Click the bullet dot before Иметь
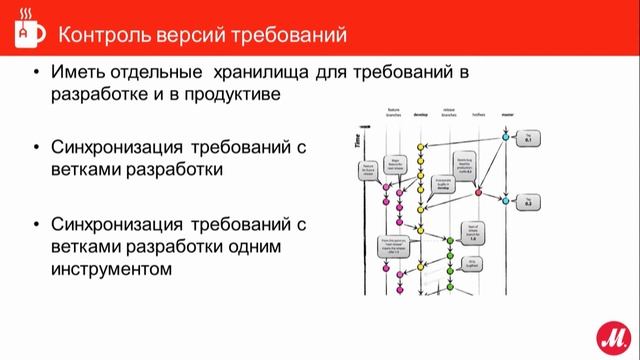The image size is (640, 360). (x=37, y=75)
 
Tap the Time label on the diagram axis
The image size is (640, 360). (x=358, y=142)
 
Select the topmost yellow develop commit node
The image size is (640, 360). (x=422, y=146)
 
